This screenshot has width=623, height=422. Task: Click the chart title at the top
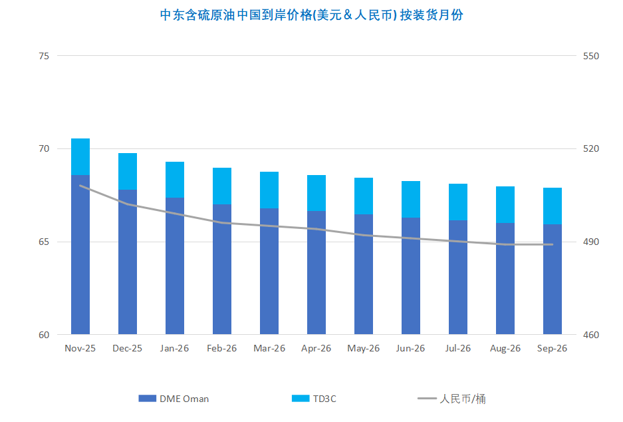pyautogui.click(x=311, y=15)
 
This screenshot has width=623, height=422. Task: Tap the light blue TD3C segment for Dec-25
pyautogui.click(x=128, y=172)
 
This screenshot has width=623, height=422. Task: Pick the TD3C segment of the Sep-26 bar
pyautogui.click(x=553, y=206)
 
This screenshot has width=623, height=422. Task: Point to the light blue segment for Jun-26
pyautogui.click(x=411, y=199)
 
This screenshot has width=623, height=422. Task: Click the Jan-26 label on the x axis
pyautogui.click(x=175, y=348)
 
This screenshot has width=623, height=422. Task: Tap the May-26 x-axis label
pyautogui.click(x=364, y=348)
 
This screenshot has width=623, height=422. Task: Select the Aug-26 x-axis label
pyautogui.click(x=505, y=348)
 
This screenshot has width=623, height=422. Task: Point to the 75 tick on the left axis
pyautogui.click(x=45, y=56)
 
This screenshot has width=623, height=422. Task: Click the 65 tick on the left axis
pyautogui.click(x=45, y=242)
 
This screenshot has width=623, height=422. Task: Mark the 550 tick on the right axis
pyautogui.click(x=590, y=56)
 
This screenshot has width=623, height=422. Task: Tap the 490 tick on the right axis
pyautogui.click(x=590, y=242)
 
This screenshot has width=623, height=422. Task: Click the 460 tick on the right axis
pyautogui.click(x=590, y=335)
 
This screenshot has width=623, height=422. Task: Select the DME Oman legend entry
pyautogui.click(x=174, y=399)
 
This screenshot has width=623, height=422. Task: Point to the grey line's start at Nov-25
pyautogui.click(x=80, y=186)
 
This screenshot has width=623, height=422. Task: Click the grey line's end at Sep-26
pyautogui.click(x=553, y=244)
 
